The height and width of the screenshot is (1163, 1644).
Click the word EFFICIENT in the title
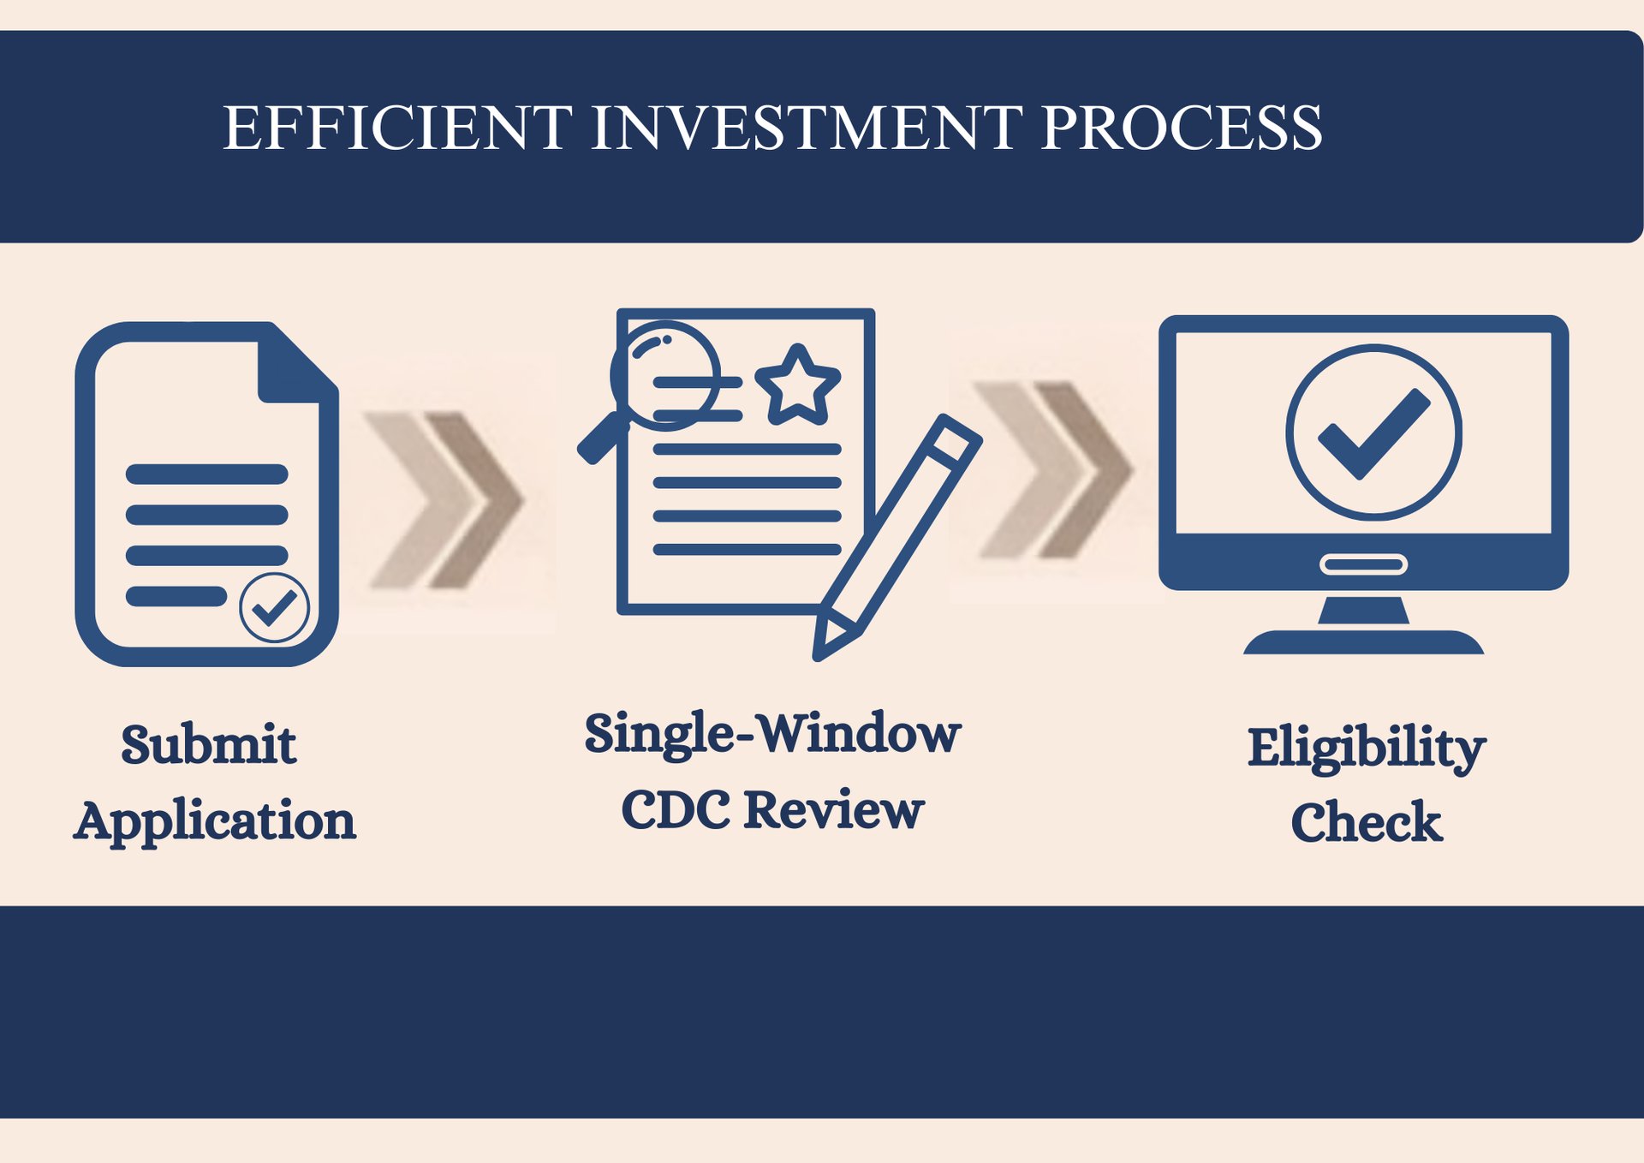click(397, 128)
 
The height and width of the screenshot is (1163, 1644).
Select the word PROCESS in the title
click(1182, 128)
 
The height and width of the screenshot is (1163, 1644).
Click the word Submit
click(208, 744)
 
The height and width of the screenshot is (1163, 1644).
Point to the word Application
click(215, 821)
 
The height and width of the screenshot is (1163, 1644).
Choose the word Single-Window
click(772, 734)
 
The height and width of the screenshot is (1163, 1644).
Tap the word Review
click(834, 810)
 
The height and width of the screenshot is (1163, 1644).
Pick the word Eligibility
click(1367, 748)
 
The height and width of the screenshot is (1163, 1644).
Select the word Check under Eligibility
click(1367, 823)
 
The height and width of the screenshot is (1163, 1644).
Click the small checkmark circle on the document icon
click(274, 607)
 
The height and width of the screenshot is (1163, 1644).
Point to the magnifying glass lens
click(664, 375)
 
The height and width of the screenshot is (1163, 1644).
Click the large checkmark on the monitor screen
click(1373, 432)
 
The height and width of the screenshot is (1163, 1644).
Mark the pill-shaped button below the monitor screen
click(1363, 564)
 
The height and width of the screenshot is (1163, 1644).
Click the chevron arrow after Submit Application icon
click(445, 501)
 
